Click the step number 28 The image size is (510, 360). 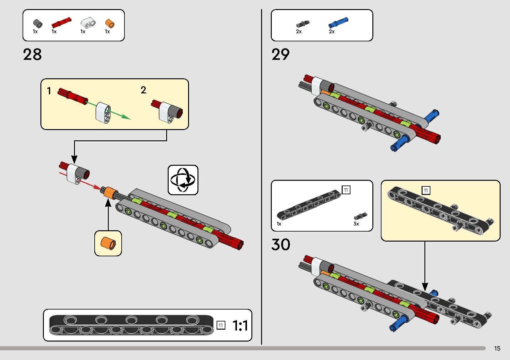pyautogui.click(x=32, y=55)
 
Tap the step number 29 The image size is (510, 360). pyautogui.click(x=281, y=55)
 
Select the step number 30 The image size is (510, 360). pyautogui.click(x=281, y=244)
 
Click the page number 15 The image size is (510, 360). pyautogui.click(x=497, y=348)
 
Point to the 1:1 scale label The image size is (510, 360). pyautogui.click(x=240, y=326)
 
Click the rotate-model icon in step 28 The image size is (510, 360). pyautogui.click(x=183, y=180)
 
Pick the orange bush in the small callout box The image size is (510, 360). pyautogui.click(x=108, y=243)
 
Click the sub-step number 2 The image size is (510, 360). pyautogui.click(x=143, y=90)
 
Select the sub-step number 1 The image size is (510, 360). pyautogui.click(x=49, y=91)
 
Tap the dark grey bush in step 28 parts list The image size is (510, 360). pyautogui.click(x=38, y=23)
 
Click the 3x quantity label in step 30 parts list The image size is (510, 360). pyautogui.click(x=356, y=224)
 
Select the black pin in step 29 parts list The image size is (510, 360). pyautogui.click(x=302, y=24)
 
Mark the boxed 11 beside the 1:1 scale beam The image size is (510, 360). pyautogui.click(x=221, y=325)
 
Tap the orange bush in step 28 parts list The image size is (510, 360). pyautogui.click(x=110, y=23)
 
